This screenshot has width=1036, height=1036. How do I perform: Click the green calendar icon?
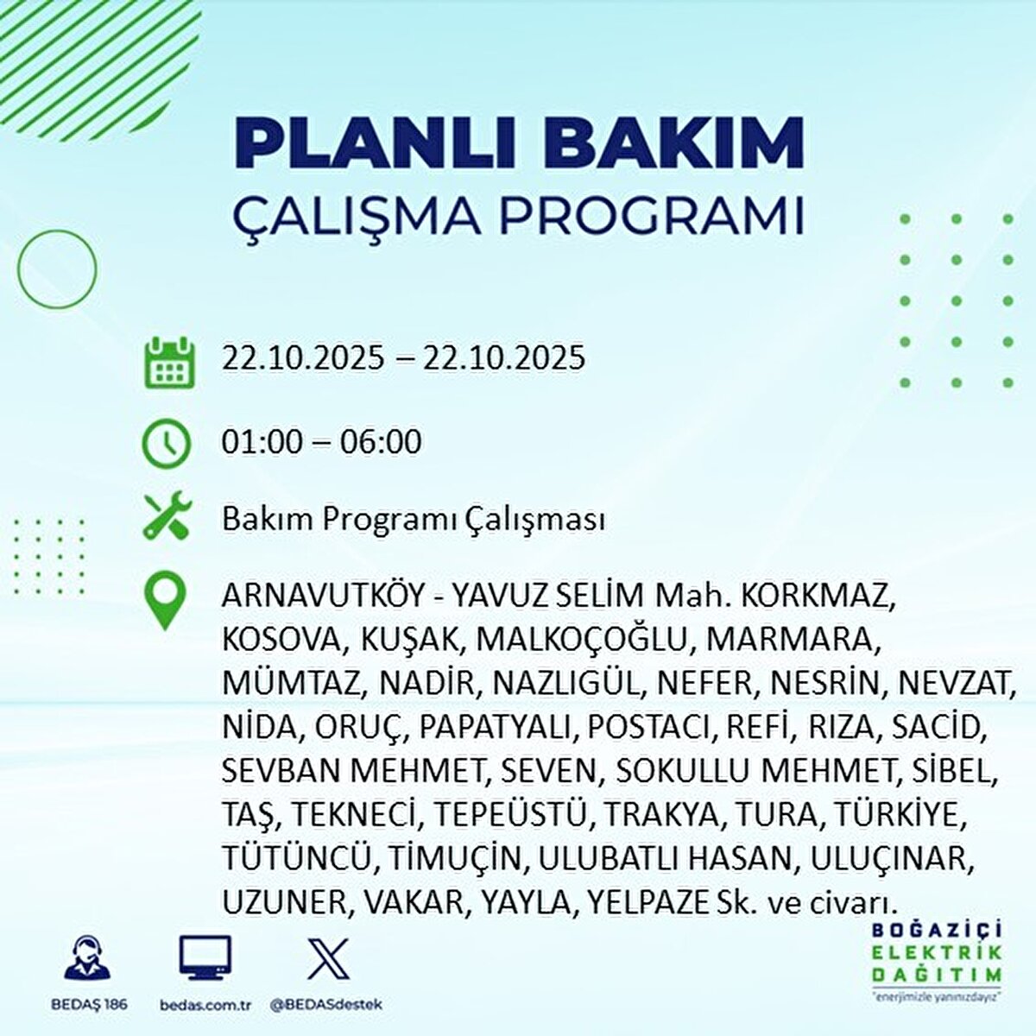(169, 363)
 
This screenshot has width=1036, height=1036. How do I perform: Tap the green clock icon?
(166, 444)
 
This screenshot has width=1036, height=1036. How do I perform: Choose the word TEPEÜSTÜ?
(509, 815)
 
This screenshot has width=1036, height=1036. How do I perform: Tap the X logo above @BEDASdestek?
(328, 958)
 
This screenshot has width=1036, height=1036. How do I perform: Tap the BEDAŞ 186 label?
(89, 1004)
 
